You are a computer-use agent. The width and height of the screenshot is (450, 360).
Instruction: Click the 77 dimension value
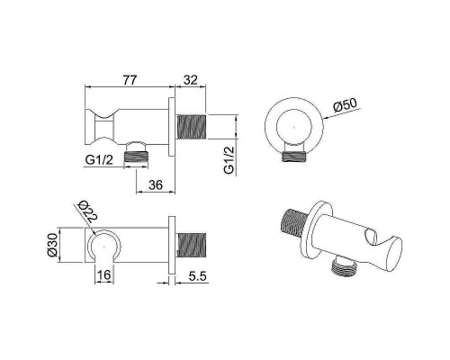coord(130,80)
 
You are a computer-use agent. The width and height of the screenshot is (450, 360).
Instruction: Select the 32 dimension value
coord(191,80)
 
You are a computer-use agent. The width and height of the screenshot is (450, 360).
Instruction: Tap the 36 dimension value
coord(156,185)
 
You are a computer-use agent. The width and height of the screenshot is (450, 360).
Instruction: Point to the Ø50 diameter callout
coord(345,105)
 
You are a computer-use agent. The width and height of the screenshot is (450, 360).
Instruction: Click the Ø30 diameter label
coord(52,245)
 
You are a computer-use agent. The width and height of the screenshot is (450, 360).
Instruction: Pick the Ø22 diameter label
coord(86,212)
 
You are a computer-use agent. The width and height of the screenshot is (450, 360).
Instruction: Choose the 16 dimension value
coord(104,274)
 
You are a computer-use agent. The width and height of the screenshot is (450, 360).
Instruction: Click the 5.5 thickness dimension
coord(198,276)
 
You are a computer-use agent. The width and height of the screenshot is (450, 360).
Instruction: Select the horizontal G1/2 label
coord(99,160)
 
